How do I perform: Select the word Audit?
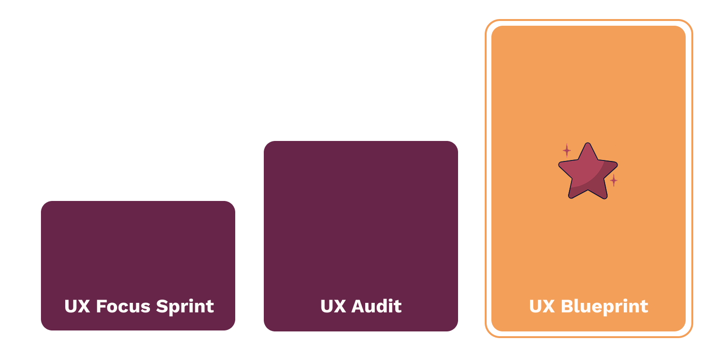click(376, 306)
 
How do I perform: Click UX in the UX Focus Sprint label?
click(77, 306)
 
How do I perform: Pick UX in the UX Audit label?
click(333, 306)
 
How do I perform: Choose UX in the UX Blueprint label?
click(542, 306)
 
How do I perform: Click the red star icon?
click(588, 172)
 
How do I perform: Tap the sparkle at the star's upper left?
click(567, 150)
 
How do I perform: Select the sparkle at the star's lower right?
click(614, 180)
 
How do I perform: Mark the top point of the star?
click(588, 144)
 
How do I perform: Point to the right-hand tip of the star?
click(616, 165)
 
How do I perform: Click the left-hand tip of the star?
click(560, 165)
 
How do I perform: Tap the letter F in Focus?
click(100, 306)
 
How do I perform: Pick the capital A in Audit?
click(356, 306)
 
